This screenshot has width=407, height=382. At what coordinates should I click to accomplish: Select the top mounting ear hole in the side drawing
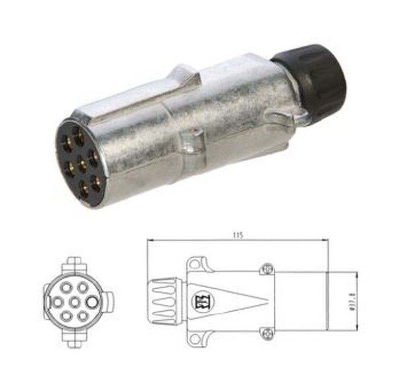(197, 264)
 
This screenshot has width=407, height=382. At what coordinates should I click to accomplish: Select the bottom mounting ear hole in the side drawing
(197, 338)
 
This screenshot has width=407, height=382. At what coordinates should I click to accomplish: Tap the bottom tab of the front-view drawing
(74, 339)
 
